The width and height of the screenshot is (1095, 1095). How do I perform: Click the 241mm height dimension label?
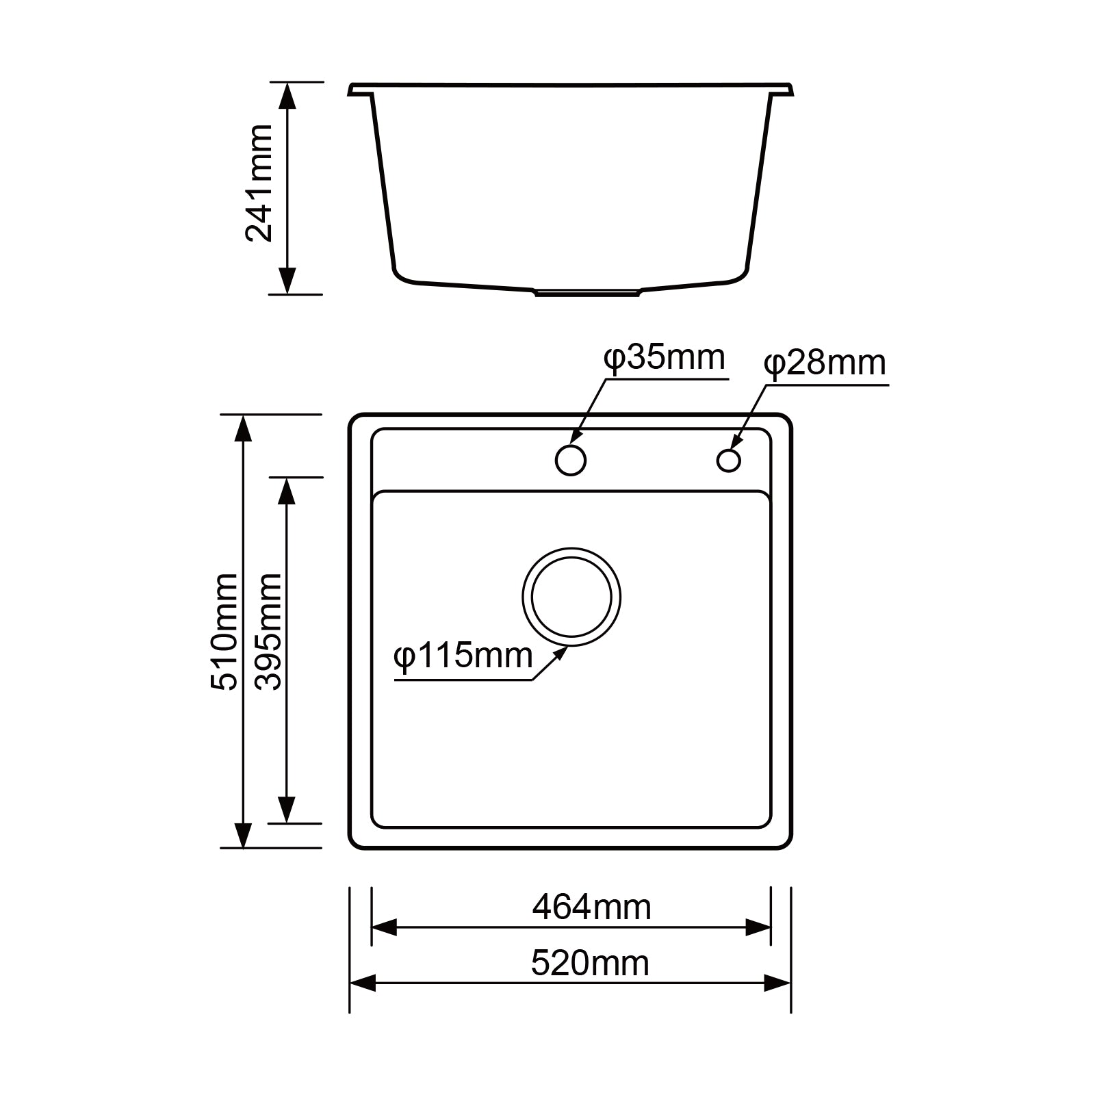point(260,183)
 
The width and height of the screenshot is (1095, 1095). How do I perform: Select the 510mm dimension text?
point(224,632)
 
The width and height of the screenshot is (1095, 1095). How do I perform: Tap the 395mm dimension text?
point(268,632)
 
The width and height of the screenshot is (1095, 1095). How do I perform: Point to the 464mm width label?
point(591,907)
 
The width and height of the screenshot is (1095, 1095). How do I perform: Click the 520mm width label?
point(590,964)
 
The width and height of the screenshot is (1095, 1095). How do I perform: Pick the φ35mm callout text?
point(664,358)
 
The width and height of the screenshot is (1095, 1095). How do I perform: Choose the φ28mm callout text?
point(825,363)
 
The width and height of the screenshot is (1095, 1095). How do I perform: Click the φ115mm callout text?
point(463,656)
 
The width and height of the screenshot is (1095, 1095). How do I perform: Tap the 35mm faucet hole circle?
point(570,460)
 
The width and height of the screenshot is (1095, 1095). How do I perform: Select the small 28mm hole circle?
point(728,460)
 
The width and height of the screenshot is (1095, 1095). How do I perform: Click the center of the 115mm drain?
point(571,596)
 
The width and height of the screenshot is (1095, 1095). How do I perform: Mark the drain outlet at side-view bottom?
point(587,292)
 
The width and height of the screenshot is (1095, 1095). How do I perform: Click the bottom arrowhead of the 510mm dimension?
point(243,836)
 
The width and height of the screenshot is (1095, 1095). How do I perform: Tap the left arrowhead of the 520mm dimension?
point(362,984)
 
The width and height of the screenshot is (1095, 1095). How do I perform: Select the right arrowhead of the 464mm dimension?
point(758,928)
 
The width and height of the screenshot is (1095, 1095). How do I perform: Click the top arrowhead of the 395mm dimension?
point(287,490)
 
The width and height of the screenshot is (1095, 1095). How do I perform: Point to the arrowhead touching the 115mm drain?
point(561,652)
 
